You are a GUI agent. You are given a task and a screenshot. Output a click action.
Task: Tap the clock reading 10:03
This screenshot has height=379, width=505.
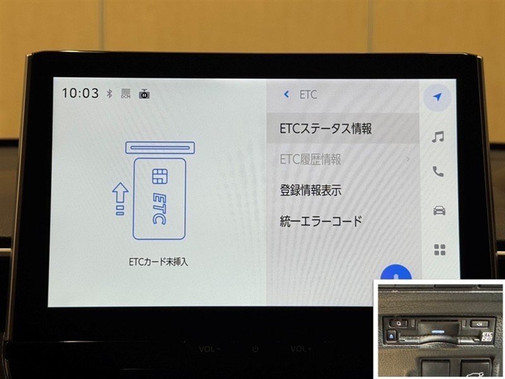tap(80, 93)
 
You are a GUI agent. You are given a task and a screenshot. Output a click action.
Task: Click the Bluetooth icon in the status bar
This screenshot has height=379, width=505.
tap(109, 93)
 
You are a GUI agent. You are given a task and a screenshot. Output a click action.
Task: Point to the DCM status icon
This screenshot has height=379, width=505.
tap(126, 93)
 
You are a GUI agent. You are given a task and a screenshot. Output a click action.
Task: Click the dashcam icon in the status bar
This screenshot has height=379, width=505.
tap(144, 93)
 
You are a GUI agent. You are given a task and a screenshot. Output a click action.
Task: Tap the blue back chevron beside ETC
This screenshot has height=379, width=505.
tap(286, 94)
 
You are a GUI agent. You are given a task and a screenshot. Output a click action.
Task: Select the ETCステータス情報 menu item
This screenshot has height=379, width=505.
tap(326, 128)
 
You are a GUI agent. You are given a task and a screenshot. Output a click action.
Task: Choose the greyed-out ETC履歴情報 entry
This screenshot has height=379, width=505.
tap(310, 159)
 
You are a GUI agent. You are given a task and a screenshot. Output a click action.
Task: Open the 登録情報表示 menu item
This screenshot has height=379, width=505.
tap(311, 190)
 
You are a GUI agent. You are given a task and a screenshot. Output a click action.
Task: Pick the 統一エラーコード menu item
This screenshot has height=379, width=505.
tap(321, 221)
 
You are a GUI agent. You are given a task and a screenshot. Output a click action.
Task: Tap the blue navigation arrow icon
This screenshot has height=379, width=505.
tap(437, 97)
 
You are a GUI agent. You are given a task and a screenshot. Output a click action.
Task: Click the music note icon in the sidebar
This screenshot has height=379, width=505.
tap(438, 136)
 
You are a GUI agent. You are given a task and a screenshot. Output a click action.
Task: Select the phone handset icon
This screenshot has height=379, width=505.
tap(438, 171)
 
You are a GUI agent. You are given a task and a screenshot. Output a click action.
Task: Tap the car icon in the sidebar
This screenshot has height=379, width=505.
tap(439, 210)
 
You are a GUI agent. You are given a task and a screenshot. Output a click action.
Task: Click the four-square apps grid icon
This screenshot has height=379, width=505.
tap(439, 250)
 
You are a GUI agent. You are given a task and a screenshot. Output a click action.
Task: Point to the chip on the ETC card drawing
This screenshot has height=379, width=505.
tap(160, 176)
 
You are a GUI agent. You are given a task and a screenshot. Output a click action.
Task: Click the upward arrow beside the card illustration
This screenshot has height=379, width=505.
tap(120, 198)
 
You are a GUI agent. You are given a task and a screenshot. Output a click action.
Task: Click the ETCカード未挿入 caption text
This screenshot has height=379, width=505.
tap(158, 262)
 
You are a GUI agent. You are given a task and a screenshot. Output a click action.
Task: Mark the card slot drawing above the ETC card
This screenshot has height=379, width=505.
tap(160, 148)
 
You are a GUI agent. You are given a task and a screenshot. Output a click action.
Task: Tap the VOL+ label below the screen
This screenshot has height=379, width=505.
tap(301, 349)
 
